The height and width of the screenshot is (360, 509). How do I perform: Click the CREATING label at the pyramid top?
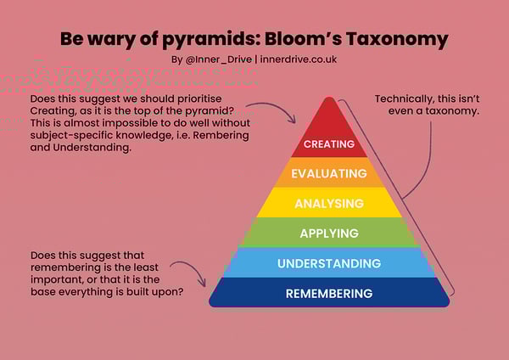[329, 144]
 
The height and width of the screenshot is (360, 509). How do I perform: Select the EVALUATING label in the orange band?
[329, 174]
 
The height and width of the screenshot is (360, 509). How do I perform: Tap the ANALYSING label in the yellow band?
[329, 204]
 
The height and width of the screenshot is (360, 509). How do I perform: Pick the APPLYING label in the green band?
[329, 233]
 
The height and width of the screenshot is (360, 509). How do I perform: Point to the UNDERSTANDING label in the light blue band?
[329, 264]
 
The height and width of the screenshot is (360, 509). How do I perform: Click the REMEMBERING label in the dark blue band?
[329, 294]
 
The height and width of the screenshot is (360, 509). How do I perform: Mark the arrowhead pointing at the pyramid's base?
[204, 285]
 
